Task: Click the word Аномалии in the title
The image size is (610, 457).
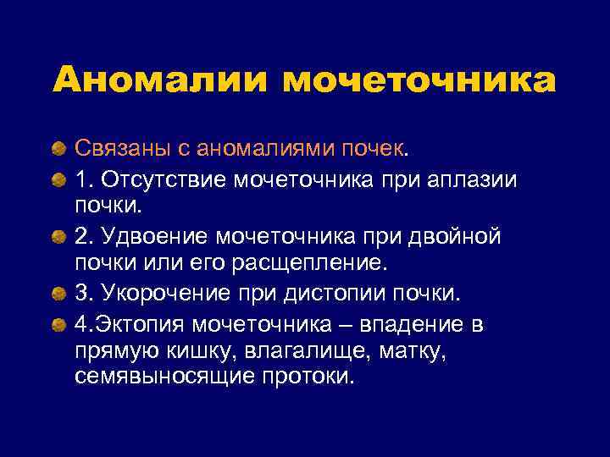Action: coord(158,81)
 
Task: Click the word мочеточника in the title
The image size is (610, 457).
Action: coord(419,81)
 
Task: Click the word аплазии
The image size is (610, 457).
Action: coord(480,180)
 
